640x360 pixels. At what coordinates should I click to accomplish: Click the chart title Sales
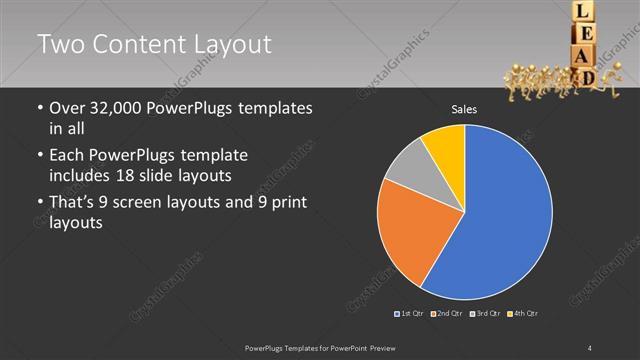pyautogui.click(x=463, y=109)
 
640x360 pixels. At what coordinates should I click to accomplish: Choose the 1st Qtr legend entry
pyautogui.click(x=410, y=314)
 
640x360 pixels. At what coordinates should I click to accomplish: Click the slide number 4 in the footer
pyautogui.click(x=590, y=347)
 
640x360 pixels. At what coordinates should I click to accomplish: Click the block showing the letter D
pyautogui.click(x=589, y=76)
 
